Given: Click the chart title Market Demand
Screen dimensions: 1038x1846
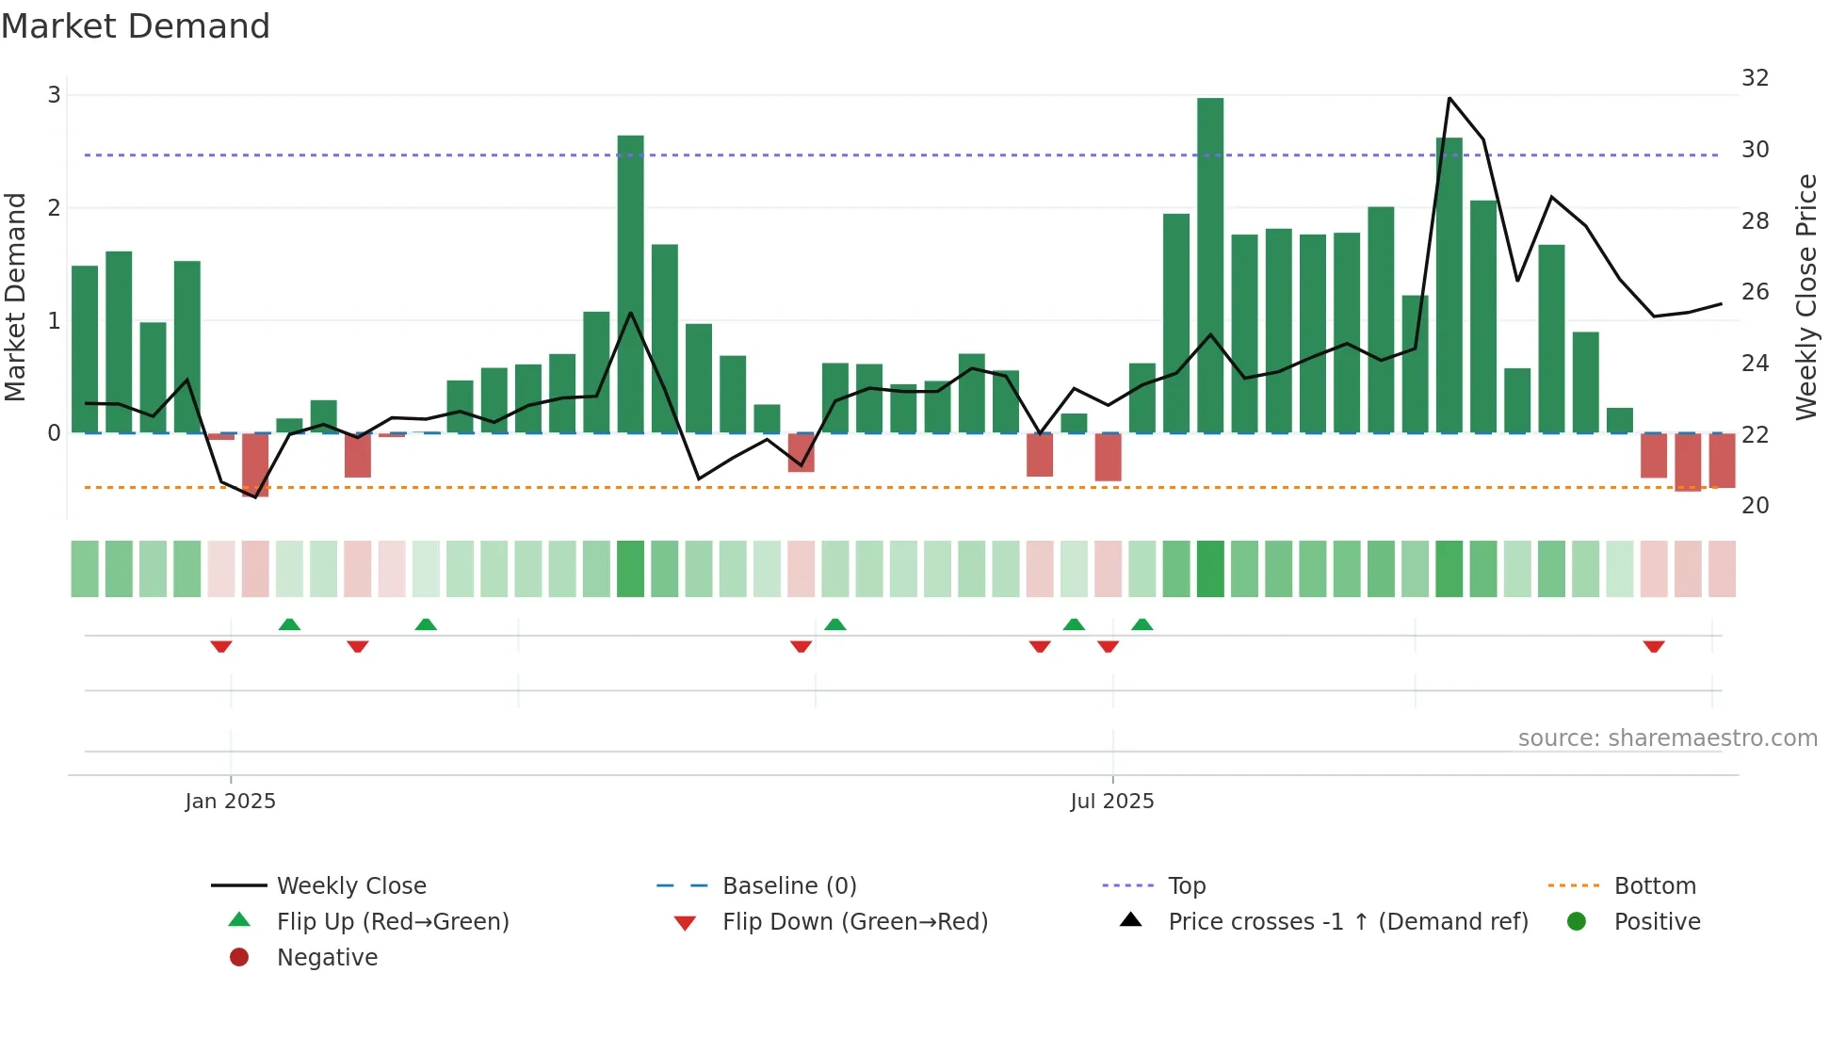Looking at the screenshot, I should click(x=136, y=26).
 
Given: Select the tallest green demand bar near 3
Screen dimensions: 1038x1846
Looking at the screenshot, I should click(x=1210, y=264).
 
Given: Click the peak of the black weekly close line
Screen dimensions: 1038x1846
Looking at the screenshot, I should click(x=1449, y=98).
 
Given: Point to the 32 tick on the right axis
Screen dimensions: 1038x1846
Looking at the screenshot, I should click(x=1755, y=78).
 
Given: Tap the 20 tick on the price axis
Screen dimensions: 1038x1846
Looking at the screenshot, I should click(x=1755, y=506).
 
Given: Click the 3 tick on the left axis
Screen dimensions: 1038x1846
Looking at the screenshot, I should click(x=54, y=95).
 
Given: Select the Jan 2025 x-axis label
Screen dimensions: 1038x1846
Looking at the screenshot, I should click(x=231, y=802).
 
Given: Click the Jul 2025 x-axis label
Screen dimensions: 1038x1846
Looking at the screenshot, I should click(x=1112, y=802).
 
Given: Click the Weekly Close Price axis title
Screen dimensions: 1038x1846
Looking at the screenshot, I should click(x=1806, y=297).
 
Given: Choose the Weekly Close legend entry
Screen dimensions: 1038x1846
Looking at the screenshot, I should click(x=351, y=886).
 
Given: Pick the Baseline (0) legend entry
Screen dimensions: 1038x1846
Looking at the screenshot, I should click(x=789, y=886).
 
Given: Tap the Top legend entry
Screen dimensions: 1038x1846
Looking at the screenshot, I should click(x=1187, y=886).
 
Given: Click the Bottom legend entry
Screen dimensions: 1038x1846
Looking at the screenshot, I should click(x=1655, y=886).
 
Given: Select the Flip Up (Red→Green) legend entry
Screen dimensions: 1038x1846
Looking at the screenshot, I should click(x=393, y=922).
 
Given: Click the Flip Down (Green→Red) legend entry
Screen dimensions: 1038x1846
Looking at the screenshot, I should click(x=855, y=922).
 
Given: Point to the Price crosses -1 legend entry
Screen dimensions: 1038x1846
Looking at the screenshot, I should click(x=1348, y=922).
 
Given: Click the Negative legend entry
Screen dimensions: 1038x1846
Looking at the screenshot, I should click(x=327, y=958).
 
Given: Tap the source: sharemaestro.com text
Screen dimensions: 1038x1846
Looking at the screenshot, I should click(x=1667, y=738).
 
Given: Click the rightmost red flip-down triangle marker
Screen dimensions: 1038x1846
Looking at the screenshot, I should click(x=1654, y=646).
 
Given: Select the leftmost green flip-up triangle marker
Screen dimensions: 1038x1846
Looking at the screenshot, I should click(x=289, y=624).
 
